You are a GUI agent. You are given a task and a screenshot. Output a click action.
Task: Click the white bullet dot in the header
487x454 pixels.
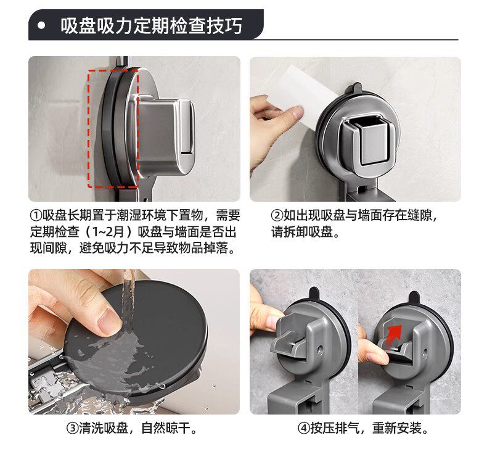click(41, 25)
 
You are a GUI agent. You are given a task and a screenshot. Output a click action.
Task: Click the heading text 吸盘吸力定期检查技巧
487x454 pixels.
click(151, 25)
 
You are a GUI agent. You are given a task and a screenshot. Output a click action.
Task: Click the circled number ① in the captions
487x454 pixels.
click(36, 215)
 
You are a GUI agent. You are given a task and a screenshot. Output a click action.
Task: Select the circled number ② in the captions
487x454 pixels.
click(277, 215)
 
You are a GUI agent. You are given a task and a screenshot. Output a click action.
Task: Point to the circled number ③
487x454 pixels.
click(72, 428)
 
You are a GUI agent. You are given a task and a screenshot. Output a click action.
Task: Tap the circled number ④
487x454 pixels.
click(303, 428)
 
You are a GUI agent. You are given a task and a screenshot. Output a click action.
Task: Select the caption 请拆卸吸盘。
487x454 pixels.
click(306, 232)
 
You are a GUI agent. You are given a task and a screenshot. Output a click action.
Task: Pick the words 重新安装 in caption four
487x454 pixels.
click(397, 428)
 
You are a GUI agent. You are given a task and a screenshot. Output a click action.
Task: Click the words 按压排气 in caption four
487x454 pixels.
click(335, 428)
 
